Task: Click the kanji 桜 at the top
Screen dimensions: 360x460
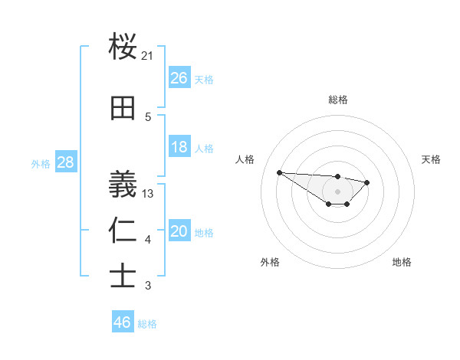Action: [123, 47]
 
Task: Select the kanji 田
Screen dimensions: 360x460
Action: [123, 108]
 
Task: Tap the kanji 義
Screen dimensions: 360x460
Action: [123, 182]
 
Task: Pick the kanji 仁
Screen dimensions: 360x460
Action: [123, 231]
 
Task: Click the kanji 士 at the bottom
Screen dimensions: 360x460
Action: [123, 276]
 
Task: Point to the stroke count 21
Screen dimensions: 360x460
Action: [148, 56]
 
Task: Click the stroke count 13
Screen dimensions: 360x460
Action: [148, 194]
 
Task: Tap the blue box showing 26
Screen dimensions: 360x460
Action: [179, 78]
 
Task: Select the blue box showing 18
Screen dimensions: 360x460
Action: [179, 147]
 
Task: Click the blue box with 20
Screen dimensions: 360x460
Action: [179, 232]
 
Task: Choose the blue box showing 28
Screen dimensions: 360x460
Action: [65, 162]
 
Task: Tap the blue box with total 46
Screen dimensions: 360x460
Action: [123, 322]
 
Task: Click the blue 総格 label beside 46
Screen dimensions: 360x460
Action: [148, 324]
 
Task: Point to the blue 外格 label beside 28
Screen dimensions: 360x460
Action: [41, 163]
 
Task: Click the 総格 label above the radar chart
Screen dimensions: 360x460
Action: [338, 100]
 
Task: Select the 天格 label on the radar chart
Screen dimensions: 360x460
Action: [432, 159]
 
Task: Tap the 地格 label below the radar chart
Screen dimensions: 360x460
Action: [402, 262]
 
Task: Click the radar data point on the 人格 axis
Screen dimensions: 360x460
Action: [280, 172]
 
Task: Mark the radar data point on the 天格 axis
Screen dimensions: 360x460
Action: [367, 182]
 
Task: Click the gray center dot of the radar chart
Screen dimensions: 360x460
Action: [338, 191]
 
